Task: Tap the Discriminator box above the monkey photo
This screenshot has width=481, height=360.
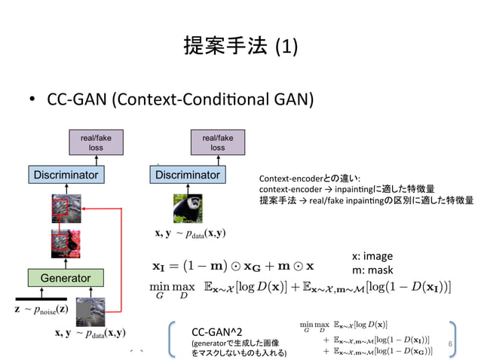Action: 188,175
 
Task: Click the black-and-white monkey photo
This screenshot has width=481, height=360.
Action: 188,209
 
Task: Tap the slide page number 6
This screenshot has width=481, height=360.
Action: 449,344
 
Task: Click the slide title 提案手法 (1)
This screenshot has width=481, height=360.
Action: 240,47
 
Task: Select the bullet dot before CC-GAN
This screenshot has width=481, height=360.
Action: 33,100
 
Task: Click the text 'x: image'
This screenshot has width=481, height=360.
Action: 373,256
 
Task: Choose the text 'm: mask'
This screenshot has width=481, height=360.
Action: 372,270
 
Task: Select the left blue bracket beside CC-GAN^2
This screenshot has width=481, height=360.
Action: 173,340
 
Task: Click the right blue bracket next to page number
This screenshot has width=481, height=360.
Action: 455,340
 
